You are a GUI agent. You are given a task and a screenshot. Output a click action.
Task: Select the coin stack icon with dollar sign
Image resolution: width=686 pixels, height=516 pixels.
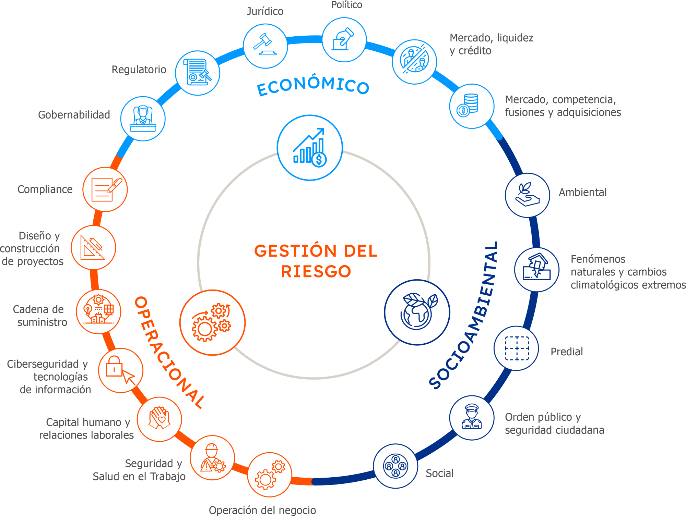pyautogui.click(x=468, y=105)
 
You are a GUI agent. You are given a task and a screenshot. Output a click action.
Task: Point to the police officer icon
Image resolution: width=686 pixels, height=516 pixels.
pyautogui.click(x=472, y=417)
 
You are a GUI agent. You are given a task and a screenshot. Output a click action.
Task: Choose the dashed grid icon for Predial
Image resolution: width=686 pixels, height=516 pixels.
pyautogui.click(x=517, y=348)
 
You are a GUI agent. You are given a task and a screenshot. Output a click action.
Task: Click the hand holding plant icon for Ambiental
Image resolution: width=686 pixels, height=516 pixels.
pyautogui.click(x=528, y=194)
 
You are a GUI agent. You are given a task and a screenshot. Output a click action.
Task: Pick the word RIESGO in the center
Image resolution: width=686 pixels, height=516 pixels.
pyautogui.click(x=316, y=271)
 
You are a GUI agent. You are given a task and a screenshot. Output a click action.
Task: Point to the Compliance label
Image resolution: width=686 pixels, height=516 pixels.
pyautogui.click(x=45, y=189)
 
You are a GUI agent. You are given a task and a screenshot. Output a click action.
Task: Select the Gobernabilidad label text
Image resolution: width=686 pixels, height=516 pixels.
pyautogui.click(x=74, y=115)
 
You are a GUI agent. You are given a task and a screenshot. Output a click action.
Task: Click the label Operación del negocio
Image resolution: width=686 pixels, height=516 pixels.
pyautogui.click(x=262, y=510)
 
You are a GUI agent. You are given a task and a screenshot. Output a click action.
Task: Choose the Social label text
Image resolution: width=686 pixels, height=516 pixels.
pyautogui.click(x=440, y=473)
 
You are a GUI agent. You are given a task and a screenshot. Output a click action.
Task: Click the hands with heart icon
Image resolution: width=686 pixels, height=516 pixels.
pyautogui.click(x=159, y=418)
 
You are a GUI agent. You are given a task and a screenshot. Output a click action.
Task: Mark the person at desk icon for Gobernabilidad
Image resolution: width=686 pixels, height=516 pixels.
pyautogui.click(x=143, y=119)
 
